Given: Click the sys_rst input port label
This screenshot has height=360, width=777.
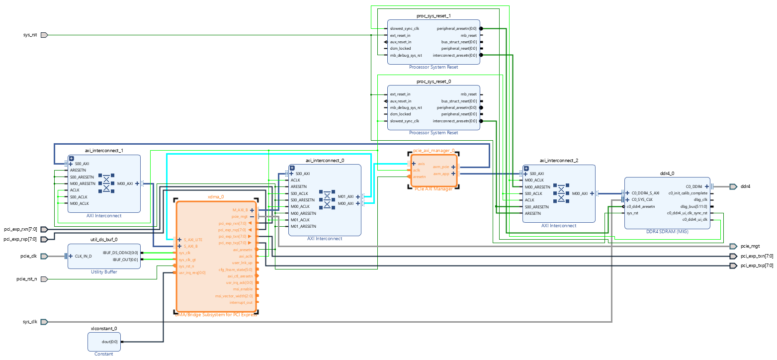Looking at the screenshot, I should (x=30, y=35).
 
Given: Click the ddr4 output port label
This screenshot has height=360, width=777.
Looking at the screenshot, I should (x=745, y=186).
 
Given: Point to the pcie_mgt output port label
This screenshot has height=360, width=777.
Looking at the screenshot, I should (x=750, y=246).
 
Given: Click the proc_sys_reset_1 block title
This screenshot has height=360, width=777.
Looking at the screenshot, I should (x=433, y=16).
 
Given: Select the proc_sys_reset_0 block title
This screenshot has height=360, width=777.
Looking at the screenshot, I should (x=433, y=81).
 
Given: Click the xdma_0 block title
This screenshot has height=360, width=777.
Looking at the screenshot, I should (x=216, y=197).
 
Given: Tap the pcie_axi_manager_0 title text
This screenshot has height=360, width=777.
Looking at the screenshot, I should (x=433, y=150).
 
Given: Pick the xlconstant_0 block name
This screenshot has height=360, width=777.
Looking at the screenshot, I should (x=104, y=329).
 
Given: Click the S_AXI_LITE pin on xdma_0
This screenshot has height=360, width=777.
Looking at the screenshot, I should (x=193, y=240).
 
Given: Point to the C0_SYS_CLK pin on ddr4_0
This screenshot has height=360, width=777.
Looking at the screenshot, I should (x=642, y=199).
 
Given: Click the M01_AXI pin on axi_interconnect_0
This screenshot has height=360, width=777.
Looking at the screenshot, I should (x=345, y=196).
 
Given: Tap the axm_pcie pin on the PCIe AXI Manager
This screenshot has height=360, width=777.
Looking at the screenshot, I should (x=441, y=167).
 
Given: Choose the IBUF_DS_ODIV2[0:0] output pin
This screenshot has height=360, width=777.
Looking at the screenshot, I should (x=120, y=253).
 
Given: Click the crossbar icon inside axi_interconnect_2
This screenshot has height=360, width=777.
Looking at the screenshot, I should (x=561, y=193).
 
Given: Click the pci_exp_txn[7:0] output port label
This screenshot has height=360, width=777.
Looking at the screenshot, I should (x=757, y=256).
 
